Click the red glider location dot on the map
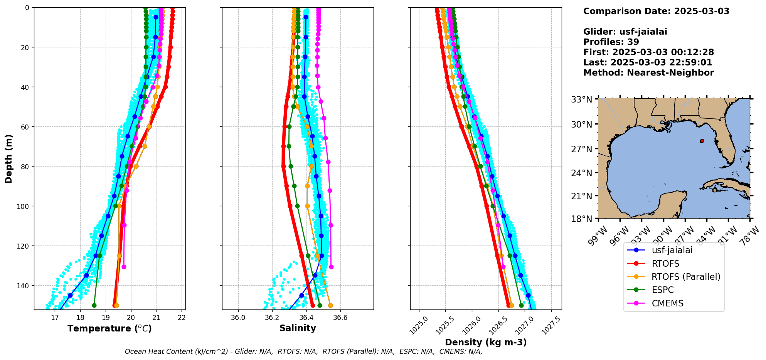coord(702,141)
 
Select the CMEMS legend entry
coord(667,303)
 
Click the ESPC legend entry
coord(662,290)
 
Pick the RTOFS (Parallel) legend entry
coord(685,277)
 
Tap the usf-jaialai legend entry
coord(672,250)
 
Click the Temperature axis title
coord(109,328)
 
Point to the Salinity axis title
coord(298,328)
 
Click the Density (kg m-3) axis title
coord(486,342)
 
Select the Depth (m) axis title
coord(8,158)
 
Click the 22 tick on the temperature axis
coord(182,318)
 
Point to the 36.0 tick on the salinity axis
coord(238,318)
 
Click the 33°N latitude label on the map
coord(582,99)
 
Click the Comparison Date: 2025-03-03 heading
coord(656,11)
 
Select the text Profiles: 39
coord(611,42)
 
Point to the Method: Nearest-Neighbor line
coord(648,72)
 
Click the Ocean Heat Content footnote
coord(303,352)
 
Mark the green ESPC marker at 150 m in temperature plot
coord(94,305)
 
